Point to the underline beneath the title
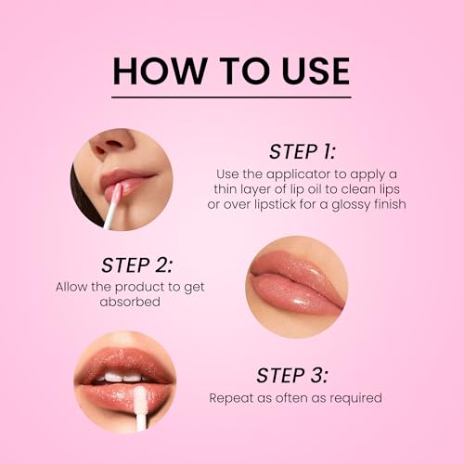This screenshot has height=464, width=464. tap(232, 96)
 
